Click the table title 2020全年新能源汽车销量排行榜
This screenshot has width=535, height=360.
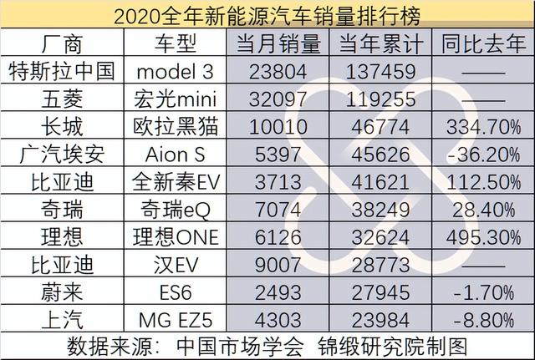point(267,14)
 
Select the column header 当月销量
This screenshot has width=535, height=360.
point(278,42)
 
